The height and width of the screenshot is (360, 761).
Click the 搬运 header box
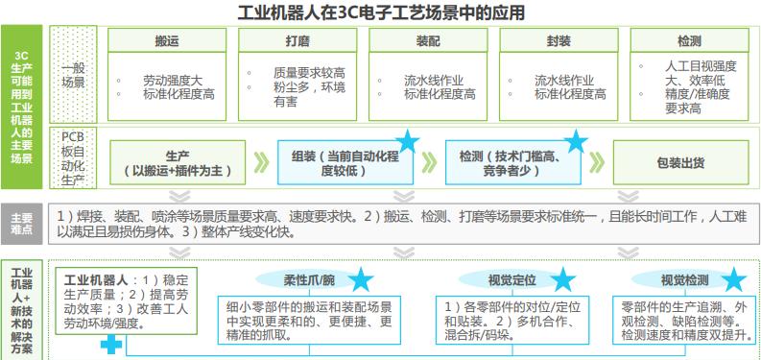click(166, 41)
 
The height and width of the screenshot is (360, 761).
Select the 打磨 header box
click(297, 41)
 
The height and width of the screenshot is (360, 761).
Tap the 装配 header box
click(427, 41)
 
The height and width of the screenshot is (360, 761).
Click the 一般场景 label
click(73, 76)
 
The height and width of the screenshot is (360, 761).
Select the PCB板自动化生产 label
click(73, 156)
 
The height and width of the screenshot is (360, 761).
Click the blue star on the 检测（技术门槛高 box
click(576, 142)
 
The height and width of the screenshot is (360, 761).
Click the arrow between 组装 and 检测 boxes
click(433, 163)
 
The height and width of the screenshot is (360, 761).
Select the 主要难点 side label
click(21, 224)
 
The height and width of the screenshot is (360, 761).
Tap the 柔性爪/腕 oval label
click(307, 280)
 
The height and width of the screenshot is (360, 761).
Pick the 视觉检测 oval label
click(684, 280)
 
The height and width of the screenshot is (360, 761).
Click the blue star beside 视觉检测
click(734, 280)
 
